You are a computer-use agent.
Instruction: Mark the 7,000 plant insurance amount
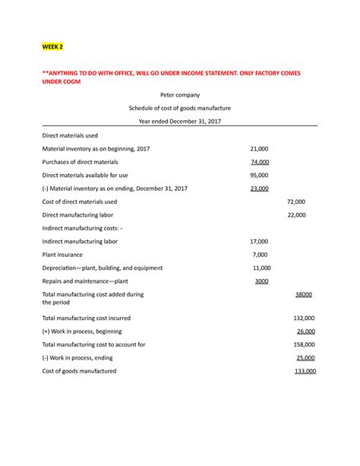[261, 255]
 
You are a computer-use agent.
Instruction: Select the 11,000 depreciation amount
[261, 268]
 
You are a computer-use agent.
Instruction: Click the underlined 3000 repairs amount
[261, 281]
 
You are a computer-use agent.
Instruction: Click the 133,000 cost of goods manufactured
[305, 371]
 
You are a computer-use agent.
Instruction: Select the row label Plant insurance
[63, 255]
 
